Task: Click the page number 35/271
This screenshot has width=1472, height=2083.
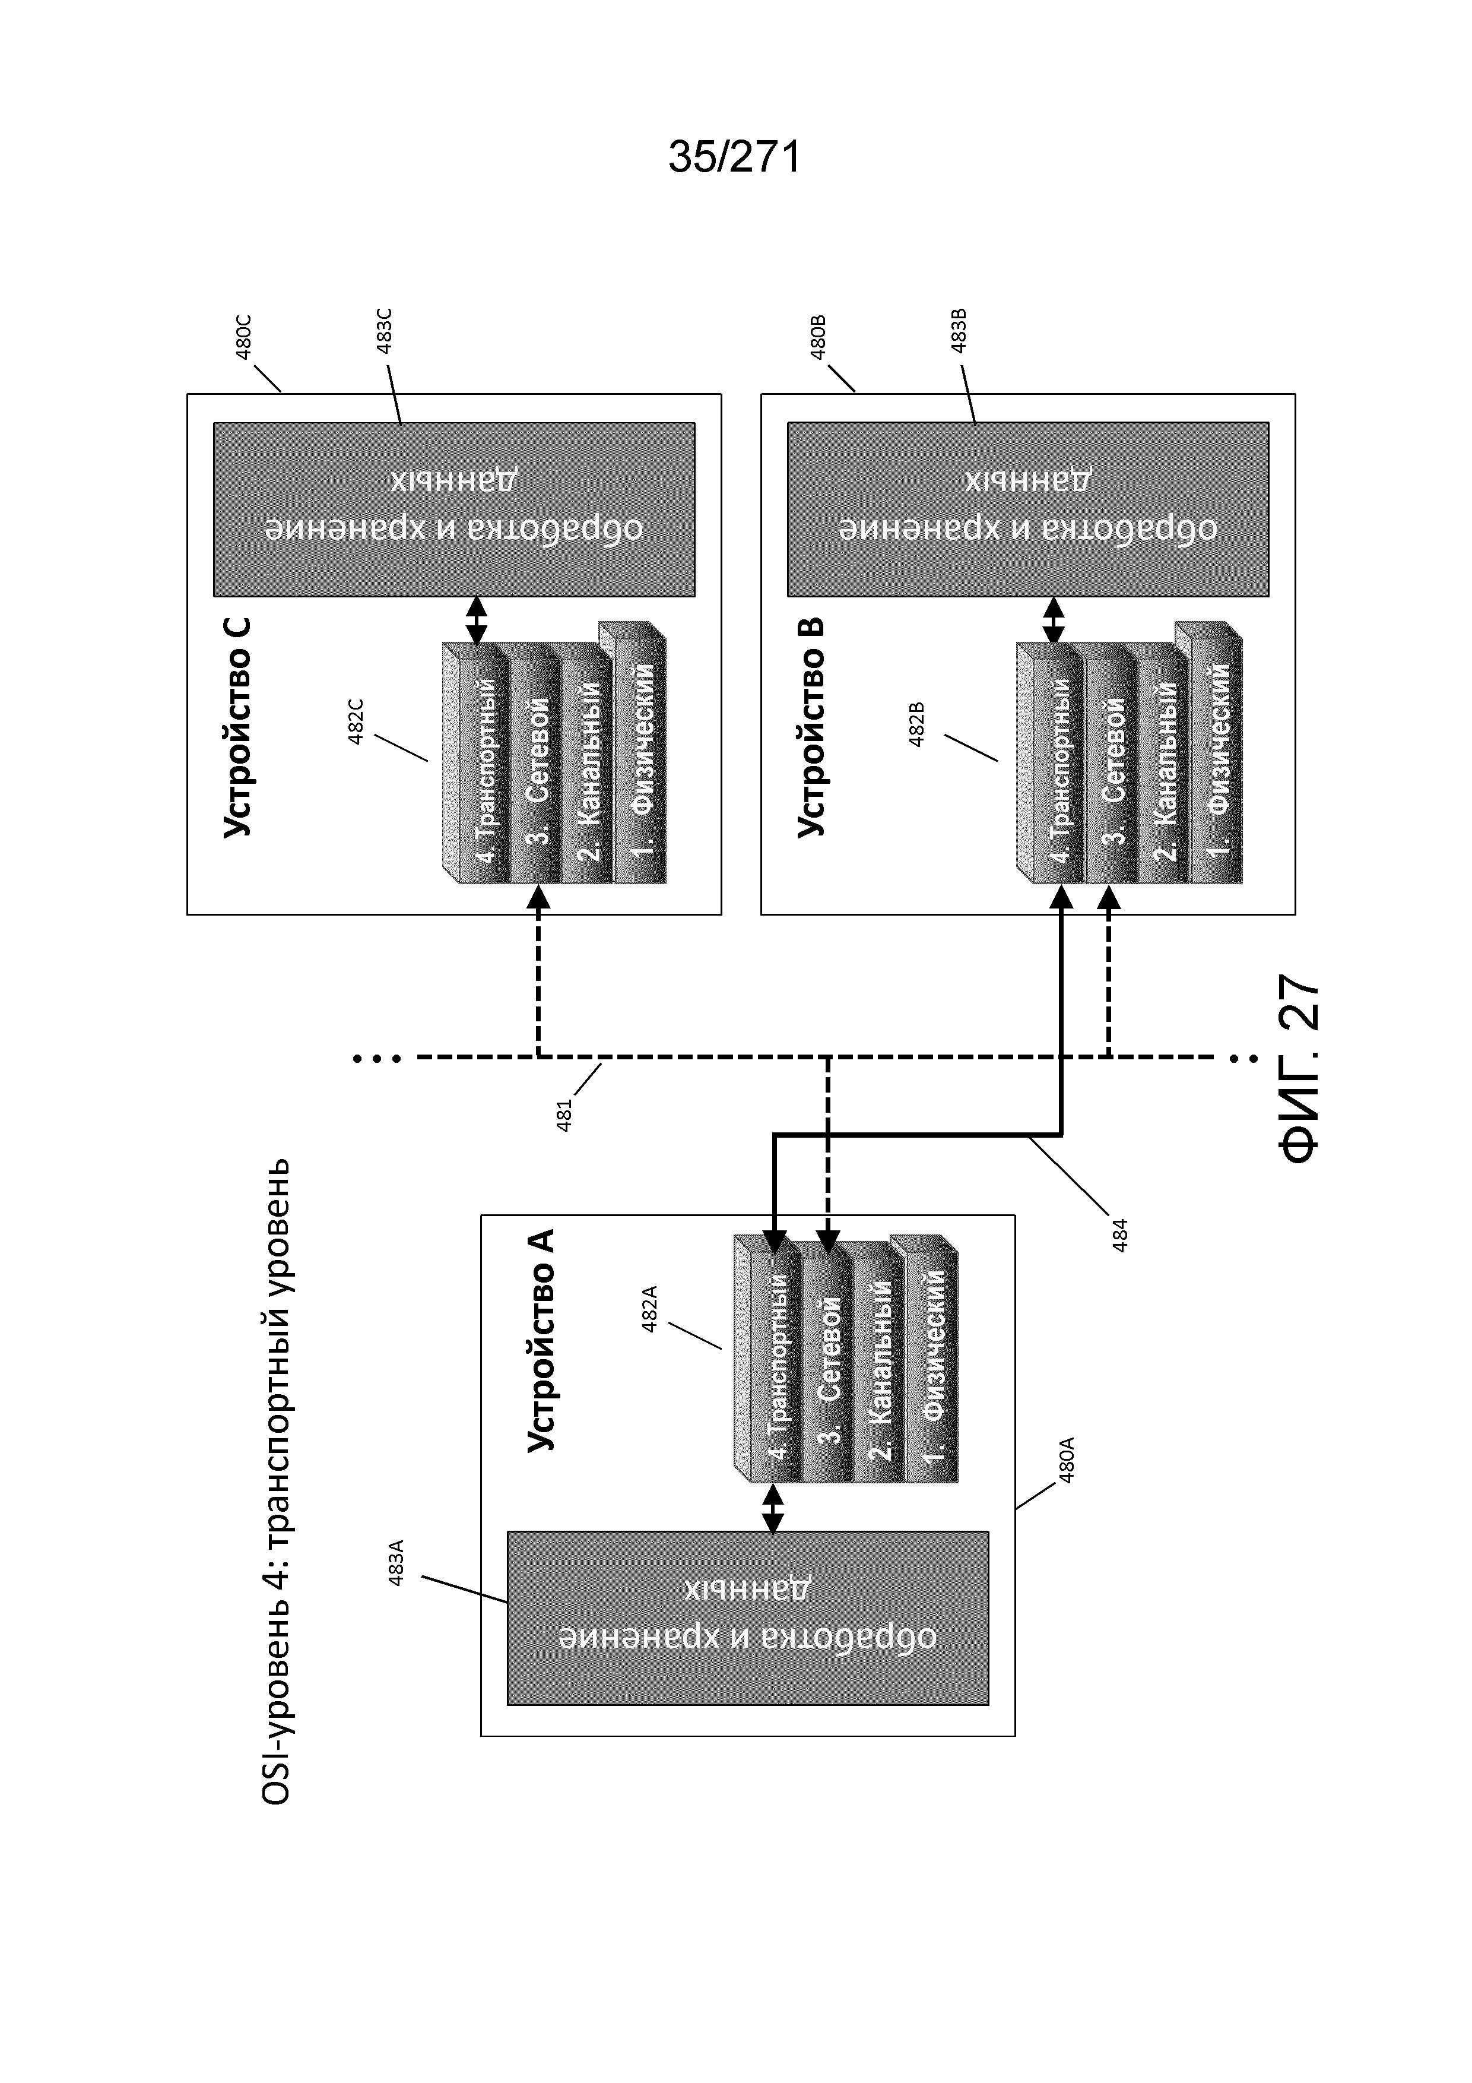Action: (735, 157)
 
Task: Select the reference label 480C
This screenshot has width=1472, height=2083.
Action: (243, 337)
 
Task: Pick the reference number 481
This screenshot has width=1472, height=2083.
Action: (564, 1115)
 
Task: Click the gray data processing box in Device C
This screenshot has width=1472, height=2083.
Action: (453, 509)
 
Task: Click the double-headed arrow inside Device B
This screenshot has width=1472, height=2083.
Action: (1053, 620)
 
